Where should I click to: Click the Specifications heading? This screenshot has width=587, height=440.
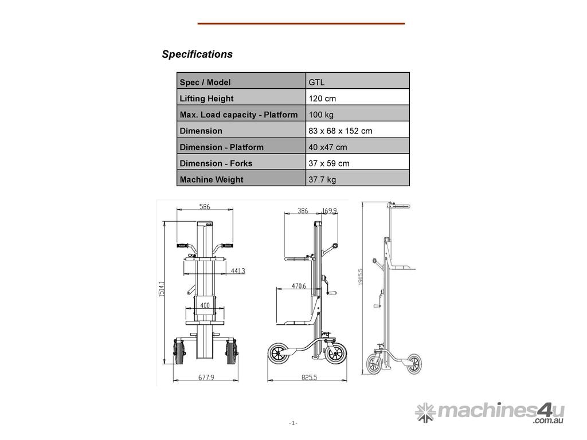(197, 54)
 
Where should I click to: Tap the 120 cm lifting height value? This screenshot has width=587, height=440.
(322, 99)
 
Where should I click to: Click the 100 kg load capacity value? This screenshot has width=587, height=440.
(321, 115)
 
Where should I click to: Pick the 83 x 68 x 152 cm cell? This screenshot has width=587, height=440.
(341, 131)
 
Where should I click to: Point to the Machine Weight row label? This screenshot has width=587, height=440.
(212, 179)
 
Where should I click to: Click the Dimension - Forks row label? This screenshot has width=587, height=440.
(216, 163)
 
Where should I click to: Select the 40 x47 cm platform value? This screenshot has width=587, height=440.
(327, 147)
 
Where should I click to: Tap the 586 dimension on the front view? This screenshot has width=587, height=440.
(205, 206)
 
